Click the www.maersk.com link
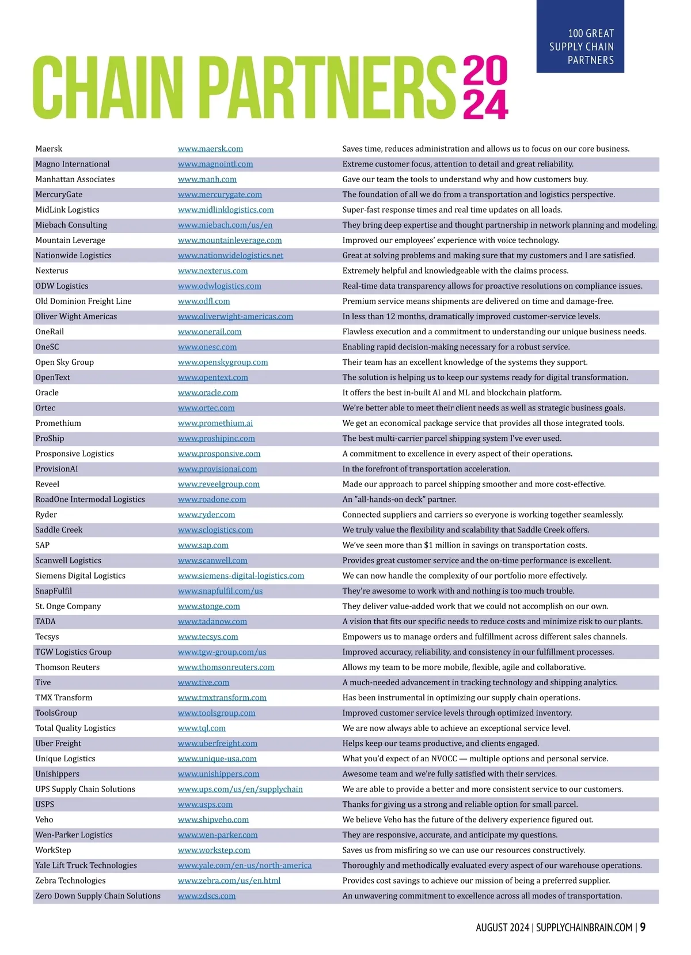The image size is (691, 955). coord(210,149)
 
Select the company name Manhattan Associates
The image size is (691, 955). coord(75,179)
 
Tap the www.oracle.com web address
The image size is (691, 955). coord(208,392)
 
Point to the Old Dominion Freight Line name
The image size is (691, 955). coord(83,301)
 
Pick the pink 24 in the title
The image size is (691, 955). coord(485,104)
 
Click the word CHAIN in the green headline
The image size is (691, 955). coord(108,88)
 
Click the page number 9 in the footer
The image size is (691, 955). coord(643,927)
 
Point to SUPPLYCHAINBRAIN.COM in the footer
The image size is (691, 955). coord(584,927)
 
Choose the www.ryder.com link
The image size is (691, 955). coord(206,515)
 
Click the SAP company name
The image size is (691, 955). coord(43,545)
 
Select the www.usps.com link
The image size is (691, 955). coord(205,804)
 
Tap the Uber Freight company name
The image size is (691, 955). coord(58,743)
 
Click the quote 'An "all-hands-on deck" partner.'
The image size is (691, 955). coord(399,499)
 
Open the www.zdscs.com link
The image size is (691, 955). coord(207,896)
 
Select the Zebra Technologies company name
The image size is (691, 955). coord(70,881)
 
